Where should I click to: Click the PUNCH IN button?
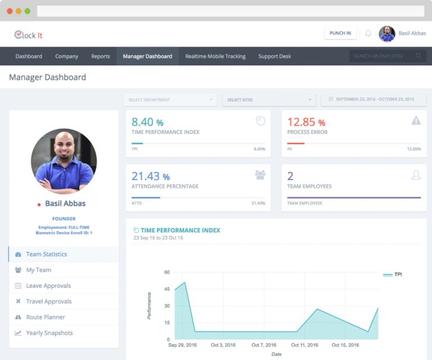click(x=340, y=33)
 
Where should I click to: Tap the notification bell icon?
click(x=368, y=34)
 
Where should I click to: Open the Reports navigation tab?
click(x=100, y=56)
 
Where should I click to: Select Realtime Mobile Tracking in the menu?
click(x=215, y=56)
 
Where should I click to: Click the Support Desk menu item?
click(x=274, y=56)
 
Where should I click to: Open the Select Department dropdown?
click(x=170, y=100)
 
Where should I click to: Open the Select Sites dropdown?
click(x=269, y=100)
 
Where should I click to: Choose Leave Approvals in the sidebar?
click(x=48, y=286)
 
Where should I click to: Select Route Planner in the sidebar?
click(x=45, y=317)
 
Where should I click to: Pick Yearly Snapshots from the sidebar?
click(x=49, y=333)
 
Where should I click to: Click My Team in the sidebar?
click(x=38, y=270)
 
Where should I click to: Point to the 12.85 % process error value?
click(x=306, y=122)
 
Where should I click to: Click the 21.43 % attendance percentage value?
click(x=151, y=176)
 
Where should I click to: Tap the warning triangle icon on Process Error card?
click(x=416, y=120)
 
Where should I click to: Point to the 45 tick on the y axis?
click(x=166, y=289)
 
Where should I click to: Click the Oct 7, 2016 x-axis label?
click(x=264, y=345)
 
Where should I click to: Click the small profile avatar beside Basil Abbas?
click(x=387, y=34)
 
